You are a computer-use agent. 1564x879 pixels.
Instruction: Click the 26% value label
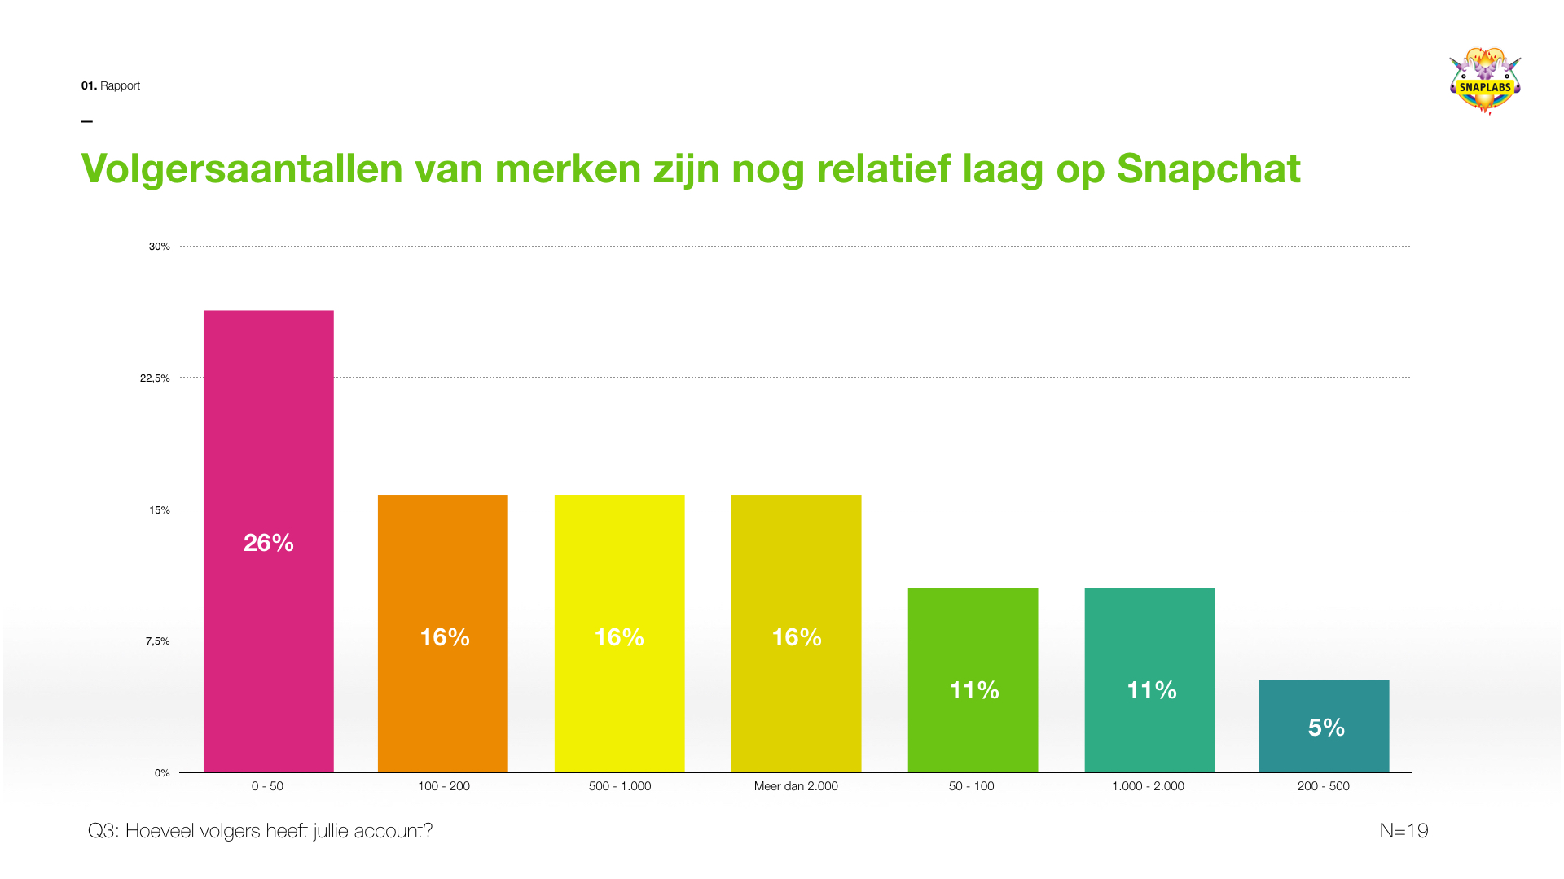pyautogui.click(x=268, y=543)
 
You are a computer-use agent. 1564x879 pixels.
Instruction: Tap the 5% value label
pyautogui.click(x=1325, y=728)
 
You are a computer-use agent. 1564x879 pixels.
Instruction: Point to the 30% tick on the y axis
pyautogui.click(x=159, y=247)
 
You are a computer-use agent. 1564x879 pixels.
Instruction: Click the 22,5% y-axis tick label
pyautogui.click(x=155, y=378)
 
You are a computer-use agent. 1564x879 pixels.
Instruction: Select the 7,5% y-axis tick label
pyautogui.click(x=157, y=641)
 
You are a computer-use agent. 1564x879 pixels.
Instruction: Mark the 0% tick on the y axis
pyautogui.click(x=162, y=773)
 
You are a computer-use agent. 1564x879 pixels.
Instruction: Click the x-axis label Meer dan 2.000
pyautogui.click(x=796, y=786)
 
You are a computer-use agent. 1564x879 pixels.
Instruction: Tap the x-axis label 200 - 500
pyautogui.click(x=1323, y=786)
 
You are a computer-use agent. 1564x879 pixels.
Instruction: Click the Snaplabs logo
pyautogui.click(x=1485, y=81)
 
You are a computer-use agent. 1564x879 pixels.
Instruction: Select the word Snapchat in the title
pyautogui.click(x=1208, y=169)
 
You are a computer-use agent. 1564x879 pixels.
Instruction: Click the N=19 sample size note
pyautogui.click(x=1404, y=831)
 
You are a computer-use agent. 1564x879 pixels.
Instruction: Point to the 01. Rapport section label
pyautogui.click(x=111, y=85)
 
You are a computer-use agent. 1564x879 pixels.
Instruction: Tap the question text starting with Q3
pyautogui.click(x=260, y=831)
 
